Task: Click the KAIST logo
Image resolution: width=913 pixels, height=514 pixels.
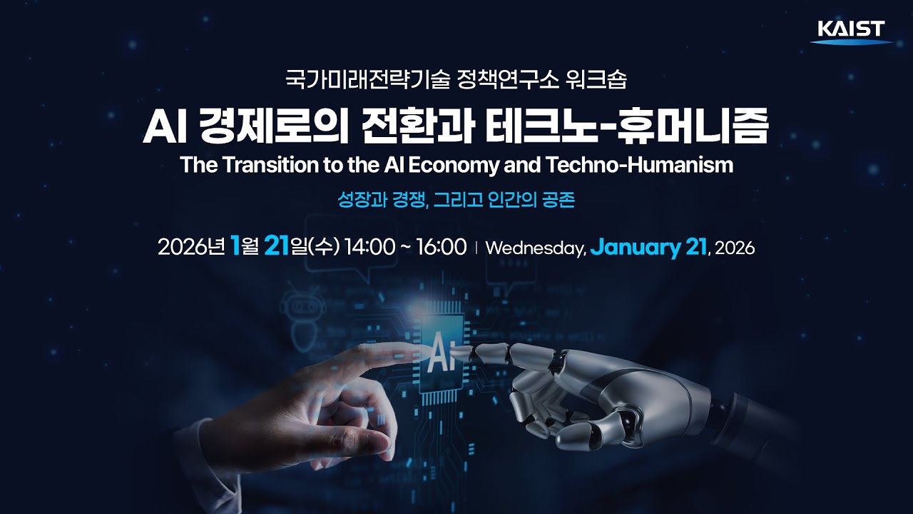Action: (851, 31)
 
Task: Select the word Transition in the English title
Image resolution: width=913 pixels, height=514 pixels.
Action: (266, 165)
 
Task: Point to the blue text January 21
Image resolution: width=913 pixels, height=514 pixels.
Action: (648, 248)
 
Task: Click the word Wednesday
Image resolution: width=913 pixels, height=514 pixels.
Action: (535, 248)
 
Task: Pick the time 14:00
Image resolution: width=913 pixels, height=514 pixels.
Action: (369, 248)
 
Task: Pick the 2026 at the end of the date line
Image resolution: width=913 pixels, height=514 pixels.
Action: (734, 248)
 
